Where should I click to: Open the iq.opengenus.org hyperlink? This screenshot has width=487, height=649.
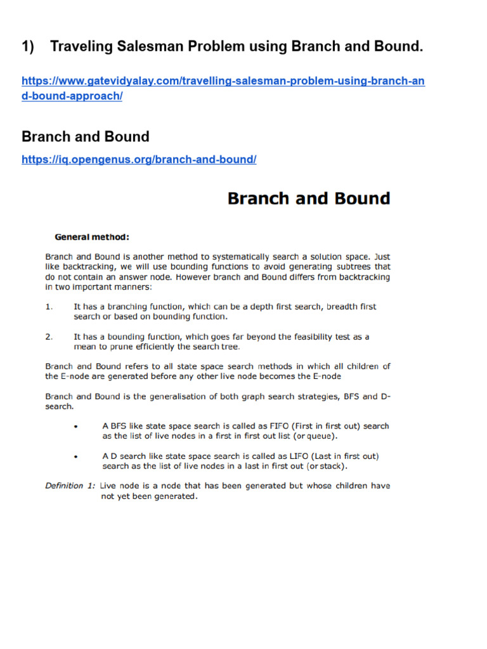pyautogui.click(x=139, y=160)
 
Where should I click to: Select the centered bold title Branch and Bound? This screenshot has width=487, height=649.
pyautogui.click(x=308, y=198)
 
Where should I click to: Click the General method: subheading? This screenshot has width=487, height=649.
pyautogui.click(x=92, y=238)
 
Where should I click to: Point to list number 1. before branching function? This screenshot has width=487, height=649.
pyautogui.click(x=49, y=307)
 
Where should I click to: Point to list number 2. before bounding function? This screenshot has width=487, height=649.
pyautogui.click(x=49, y=337)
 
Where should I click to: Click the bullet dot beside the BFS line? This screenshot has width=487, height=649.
pyautogui.click(x=76, y=427)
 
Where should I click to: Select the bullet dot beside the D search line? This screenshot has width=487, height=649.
pyautogui.click(x=76, y=456)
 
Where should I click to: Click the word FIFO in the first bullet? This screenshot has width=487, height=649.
pyautogui.click(x=282, y=426)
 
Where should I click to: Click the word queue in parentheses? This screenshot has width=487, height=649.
pyautogui.click(x=322, y=436)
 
